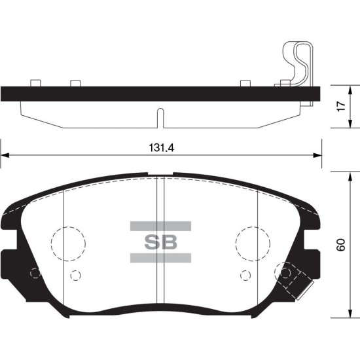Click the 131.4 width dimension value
(x=162, y=148)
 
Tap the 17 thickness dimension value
(x=341, y=106)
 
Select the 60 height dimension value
(x=341, y=245)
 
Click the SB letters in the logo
(x=161, y=242)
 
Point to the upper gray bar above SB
(x=160, y=226)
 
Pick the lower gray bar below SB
(x=160, y=258)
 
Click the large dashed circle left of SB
(x=69, y=227)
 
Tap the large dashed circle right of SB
(x=253, y=227)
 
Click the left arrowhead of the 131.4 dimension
(x=5, y=155)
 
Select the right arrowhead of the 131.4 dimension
(x=317, y=155)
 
